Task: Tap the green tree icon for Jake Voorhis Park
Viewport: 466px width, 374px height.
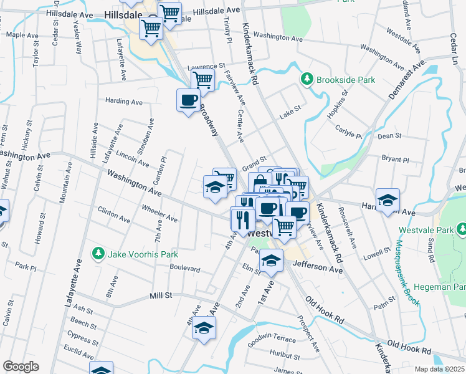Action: (97, 254)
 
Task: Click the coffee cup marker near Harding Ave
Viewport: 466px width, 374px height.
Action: (188, 100)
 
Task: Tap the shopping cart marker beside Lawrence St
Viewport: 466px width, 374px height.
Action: (202, 80)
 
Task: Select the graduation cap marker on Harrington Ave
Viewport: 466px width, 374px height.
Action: (388, 200)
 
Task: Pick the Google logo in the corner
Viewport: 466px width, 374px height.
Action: (21, 366)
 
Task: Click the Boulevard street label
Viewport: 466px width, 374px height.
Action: (185, 269)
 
